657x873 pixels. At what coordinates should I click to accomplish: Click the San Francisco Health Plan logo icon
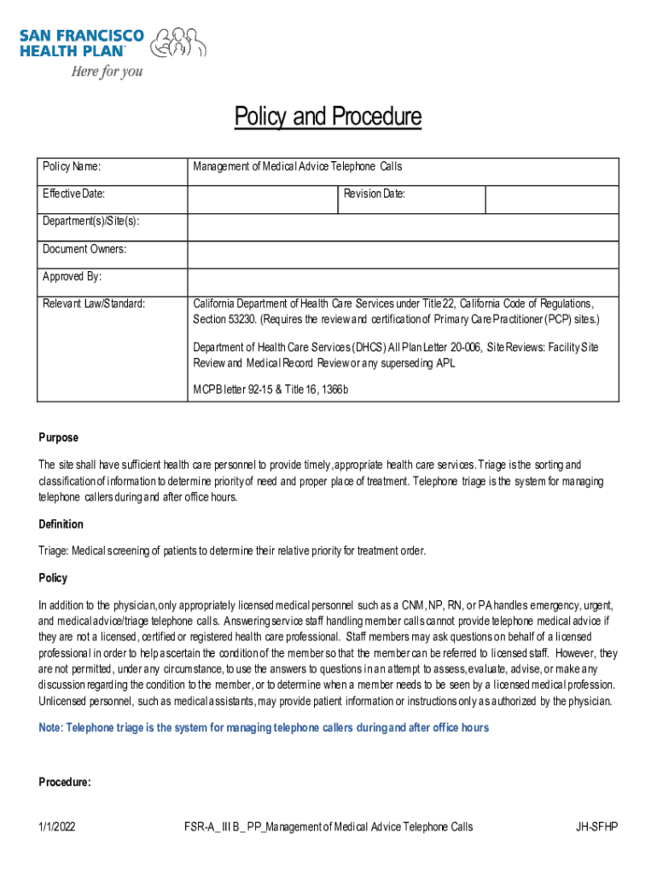tap(182, 42)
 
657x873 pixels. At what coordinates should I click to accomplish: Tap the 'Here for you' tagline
tap(107, 72)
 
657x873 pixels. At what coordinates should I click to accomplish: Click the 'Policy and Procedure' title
tap(328, 117)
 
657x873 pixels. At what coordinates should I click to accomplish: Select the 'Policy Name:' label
tap(78, 167)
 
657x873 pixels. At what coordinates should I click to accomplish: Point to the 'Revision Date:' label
tap(375, 194)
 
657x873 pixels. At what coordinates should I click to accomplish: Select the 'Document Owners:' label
tap(84, 249)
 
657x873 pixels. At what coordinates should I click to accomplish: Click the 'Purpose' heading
tap(58, 437)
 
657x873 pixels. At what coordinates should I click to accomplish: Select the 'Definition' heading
tap(61, 524)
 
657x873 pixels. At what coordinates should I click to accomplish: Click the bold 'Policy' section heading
tap(53, 578)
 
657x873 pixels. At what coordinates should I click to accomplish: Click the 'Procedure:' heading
tap(65, 783)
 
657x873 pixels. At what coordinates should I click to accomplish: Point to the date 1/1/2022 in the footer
tap(57, 827)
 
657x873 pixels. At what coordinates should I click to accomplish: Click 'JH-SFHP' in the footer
tap(597, 827)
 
